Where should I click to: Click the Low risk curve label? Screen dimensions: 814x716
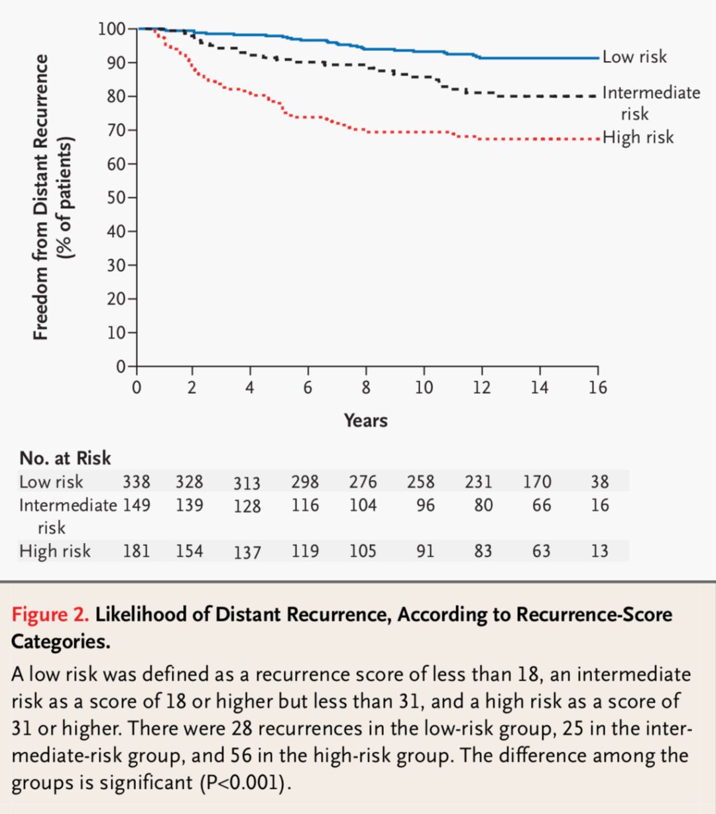[x=634, y=57]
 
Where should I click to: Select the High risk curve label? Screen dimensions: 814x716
[x=638, y=137]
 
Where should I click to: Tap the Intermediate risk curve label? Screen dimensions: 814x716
[x=650, y=102]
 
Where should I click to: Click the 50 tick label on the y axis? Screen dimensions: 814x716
[x=117, y=198]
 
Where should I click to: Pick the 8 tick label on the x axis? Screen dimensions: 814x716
[x=366, y=388]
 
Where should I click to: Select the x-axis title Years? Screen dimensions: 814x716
[x=365, y=420]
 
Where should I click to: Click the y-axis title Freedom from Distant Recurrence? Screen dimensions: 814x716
[x=41, y=197]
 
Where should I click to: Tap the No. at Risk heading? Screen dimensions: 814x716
[x=65, y=458]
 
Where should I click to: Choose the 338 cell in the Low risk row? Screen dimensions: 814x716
[x=136, y=481]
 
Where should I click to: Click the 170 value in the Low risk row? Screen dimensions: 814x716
[x=537, y=481]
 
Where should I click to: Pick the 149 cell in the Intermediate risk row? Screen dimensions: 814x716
[x=136, y=505]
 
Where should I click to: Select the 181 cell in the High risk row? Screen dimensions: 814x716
[x=136, y=551]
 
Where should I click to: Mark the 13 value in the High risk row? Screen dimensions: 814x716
[x=599, y=551]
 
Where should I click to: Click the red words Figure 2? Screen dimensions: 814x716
[x=50, y=614]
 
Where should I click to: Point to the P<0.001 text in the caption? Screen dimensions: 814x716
[x=245, y=783]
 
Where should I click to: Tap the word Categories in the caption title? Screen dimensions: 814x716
[x=60, y=642]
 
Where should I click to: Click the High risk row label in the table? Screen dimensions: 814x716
[x=54, y=551]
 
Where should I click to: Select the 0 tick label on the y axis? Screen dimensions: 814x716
[x=121, y=367]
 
